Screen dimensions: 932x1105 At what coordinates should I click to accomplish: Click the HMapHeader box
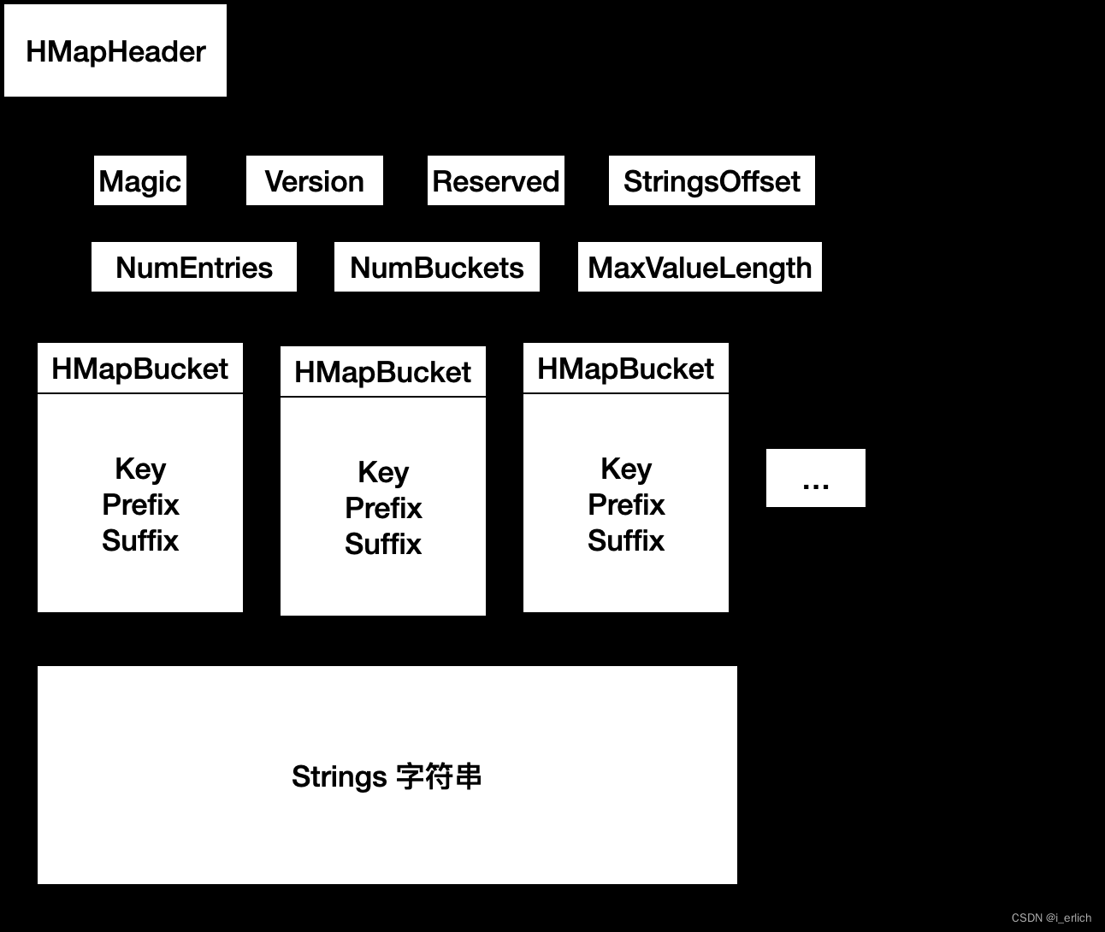point(115,51)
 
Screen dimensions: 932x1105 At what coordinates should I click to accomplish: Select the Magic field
point(140,181)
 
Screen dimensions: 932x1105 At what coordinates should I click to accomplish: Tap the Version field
point(314,181)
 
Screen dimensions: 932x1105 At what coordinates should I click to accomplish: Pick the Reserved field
point(495,181)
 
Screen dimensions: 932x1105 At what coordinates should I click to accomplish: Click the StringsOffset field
point(712,181)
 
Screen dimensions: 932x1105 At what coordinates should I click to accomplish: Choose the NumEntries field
point(194,268)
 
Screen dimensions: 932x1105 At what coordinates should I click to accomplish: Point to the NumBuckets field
point(437,268)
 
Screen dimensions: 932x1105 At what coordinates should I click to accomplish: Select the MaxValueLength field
point(700,268)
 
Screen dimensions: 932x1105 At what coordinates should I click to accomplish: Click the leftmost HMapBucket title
point(140,369)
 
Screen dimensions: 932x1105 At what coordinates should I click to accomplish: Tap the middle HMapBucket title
point(383,372)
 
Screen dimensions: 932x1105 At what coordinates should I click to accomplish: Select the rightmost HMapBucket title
point(626,369)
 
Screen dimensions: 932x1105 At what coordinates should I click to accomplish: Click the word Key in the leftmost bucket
point(140,469)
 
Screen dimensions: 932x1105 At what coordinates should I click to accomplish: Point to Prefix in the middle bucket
point(383,508)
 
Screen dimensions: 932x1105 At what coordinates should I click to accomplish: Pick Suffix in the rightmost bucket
point(626,540)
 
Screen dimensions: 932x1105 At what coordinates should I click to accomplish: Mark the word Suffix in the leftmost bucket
point(140,540)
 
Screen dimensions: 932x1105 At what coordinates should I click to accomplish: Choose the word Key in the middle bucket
point(383,472)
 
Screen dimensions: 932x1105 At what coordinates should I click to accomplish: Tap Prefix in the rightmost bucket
point(626,504)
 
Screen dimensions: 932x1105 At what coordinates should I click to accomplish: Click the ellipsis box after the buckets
point(816,478)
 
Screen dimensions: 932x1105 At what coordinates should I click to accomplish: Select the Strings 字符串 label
point(387,776)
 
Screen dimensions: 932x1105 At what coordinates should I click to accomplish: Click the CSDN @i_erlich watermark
point(1051,917)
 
